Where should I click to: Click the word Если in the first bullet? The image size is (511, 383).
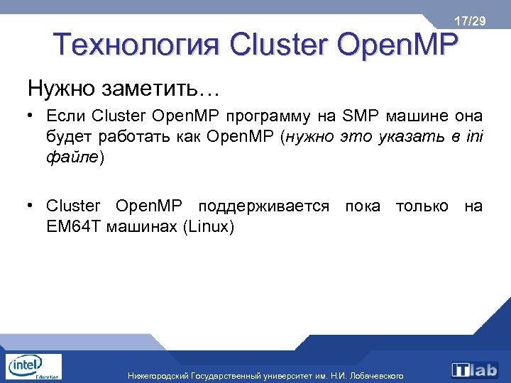tap(67, 116)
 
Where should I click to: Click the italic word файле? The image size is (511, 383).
tap(73, 157)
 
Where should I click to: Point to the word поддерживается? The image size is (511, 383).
tap(264, 206)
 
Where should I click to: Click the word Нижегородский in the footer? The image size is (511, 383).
tap(158, 375)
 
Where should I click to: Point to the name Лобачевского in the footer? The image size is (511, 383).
tap(376, 375)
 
